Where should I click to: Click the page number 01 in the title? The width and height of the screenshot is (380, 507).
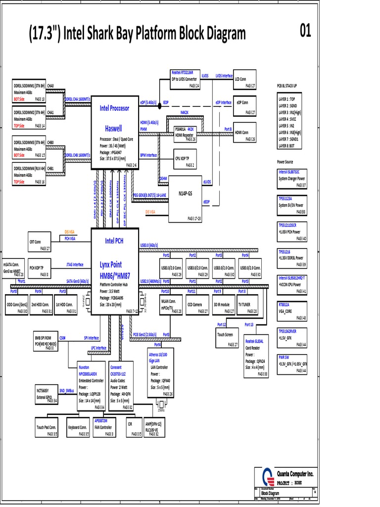(x=305, y=31)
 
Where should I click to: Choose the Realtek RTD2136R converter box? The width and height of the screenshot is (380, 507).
(x=185, y=79)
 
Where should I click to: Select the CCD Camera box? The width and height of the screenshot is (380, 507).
(x=197, y=307)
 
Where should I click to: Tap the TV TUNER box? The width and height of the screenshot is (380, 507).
(x=247, y=307)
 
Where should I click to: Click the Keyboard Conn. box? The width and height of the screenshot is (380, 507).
(x=78, y=429)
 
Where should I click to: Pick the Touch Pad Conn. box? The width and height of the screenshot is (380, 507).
(x=46, y=429)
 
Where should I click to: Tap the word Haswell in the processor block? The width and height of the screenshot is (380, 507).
(x=113, y=128)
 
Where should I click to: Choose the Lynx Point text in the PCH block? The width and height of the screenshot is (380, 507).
(x=110, y=265)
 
